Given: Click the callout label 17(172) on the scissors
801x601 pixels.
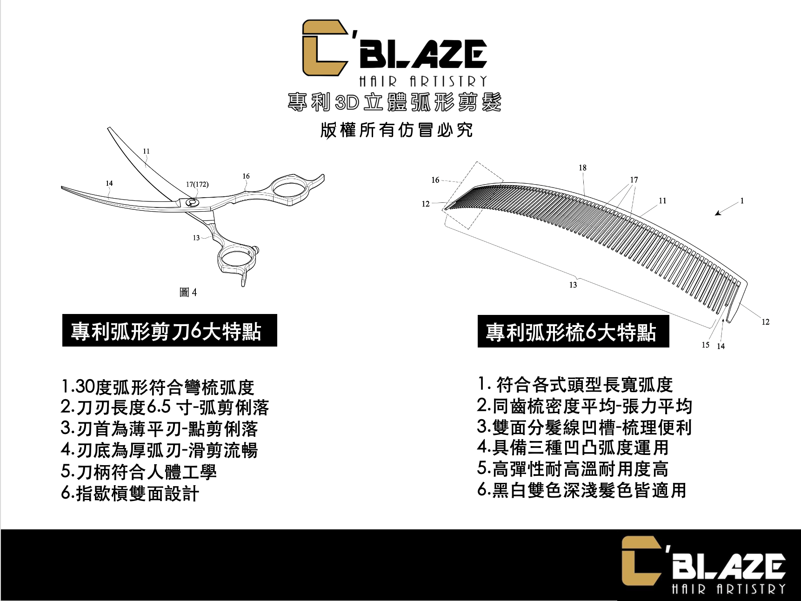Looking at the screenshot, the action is [x=197, y=184].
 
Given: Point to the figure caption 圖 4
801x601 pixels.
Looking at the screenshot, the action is [x=188, y=292].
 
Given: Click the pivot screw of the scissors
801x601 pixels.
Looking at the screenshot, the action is [x=191, y=202].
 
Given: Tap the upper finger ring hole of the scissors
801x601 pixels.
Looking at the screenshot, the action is [x=289, y=189].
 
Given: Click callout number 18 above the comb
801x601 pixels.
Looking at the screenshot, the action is [x=582, y=167].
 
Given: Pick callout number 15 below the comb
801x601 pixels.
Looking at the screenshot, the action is [x=705, y=345].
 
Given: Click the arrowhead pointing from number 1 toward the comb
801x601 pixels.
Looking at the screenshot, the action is [x=718, y=214].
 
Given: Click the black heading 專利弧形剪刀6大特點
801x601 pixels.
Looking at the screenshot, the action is [x=169, y=331].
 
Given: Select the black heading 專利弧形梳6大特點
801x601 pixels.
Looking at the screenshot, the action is [x=573, y=332].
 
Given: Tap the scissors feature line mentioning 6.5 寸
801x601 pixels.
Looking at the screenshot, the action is [x=165, y=407].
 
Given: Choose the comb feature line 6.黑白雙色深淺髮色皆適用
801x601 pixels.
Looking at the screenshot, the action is [x=581, y=490].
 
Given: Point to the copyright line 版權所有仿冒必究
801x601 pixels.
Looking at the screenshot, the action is [x=396, y=130].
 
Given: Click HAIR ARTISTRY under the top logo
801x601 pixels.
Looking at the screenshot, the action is [x=423, y=82].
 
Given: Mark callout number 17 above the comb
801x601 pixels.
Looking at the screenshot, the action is [x=634, y=180].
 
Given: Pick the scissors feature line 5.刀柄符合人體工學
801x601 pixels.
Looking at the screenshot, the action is [x=139, y=472].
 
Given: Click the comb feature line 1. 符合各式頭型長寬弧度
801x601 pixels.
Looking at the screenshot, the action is [x=575, y=385].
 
